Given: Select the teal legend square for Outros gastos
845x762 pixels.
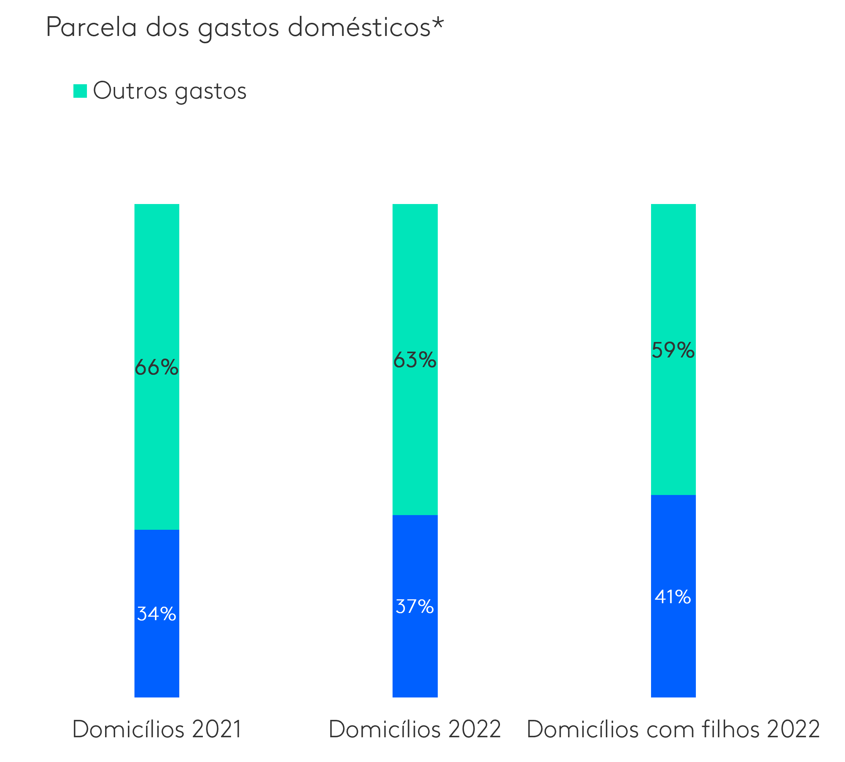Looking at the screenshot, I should [x=80, y=91].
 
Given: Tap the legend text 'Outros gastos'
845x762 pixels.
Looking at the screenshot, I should [x=170, y=91].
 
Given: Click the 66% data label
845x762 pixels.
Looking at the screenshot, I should [x=156, y=367].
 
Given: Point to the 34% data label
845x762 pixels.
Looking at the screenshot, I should [x=156, y=614].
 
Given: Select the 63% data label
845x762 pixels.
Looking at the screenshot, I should [x=415, y=360].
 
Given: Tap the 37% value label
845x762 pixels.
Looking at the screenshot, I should [x=415, y=606].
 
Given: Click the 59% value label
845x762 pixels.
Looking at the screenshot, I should [x=673, y=350].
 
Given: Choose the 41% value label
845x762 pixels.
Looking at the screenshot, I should [x=673, y=597].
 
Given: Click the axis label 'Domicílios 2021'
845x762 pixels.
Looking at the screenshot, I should [x=157, y=729].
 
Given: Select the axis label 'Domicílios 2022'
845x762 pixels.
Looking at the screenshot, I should [x=415, y=729].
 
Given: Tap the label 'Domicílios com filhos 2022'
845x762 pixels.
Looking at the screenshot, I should [x=673, y=729].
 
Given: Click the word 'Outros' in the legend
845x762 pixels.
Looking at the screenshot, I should [x=130, y=91].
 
